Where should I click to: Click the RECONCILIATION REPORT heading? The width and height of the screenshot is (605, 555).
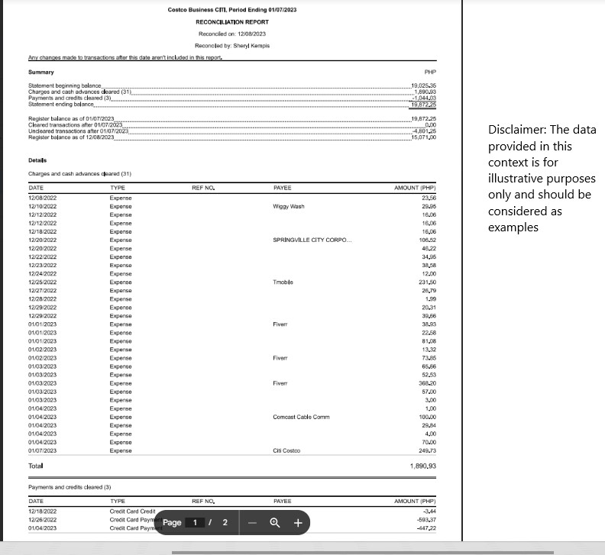(231, 22)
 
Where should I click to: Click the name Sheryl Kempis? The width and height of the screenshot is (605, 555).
(254, 46)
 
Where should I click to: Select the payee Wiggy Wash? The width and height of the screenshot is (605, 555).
(288, 206)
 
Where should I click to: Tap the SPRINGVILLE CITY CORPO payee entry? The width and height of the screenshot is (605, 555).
(312, 240)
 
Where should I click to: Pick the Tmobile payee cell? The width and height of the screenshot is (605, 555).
(283, 282)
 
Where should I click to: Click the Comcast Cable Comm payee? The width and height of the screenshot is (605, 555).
(301, 417)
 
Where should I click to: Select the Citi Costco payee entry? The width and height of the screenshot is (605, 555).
(286, 450)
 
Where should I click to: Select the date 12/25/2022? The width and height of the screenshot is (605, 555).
(44, 282)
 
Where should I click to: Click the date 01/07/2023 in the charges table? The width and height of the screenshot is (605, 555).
(44, 450)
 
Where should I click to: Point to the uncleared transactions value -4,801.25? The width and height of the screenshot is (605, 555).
(423, 131)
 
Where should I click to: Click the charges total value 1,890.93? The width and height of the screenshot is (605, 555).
(422, 465)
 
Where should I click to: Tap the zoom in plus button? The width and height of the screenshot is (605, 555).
(298, 523)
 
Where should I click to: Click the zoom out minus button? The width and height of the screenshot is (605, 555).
(251, 523)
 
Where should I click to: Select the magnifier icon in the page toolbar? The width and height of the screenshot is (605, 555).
(274, 523)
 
